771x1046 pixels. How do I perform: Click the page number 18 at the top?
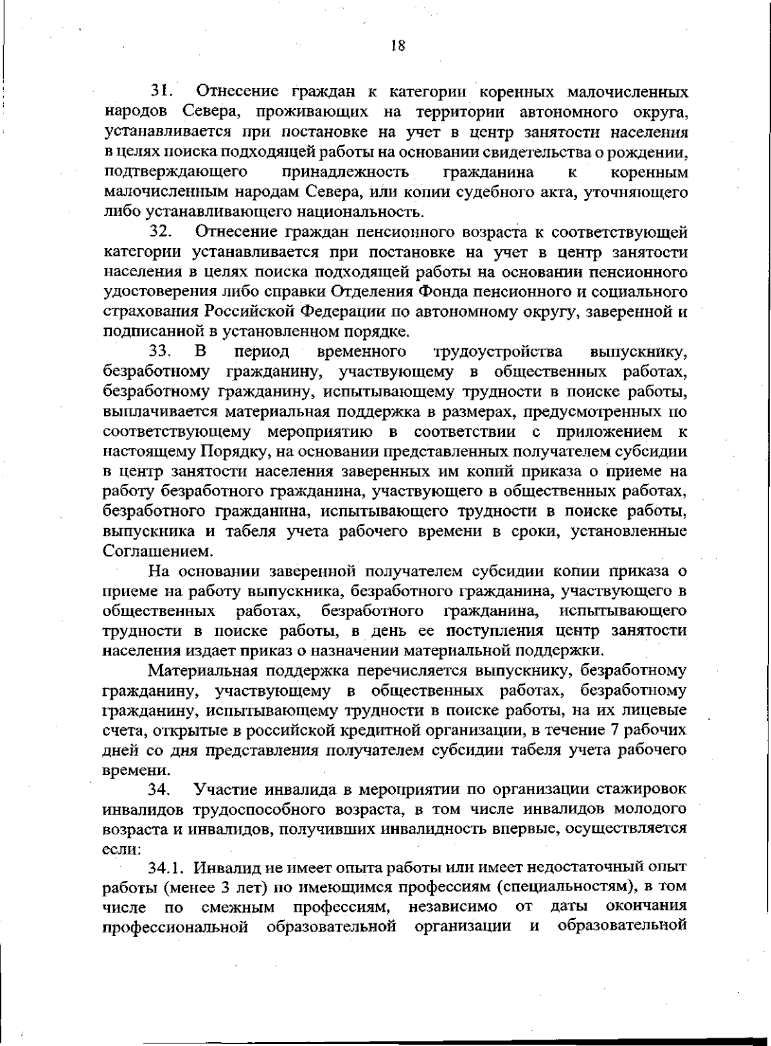(398, 46)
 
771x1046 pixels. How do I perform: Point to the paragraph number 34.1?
(166, 868)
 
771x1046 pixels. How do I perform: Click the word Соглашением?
(148, 551)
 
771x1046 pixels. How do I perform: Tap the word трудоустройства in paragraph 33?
(498, 351)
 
